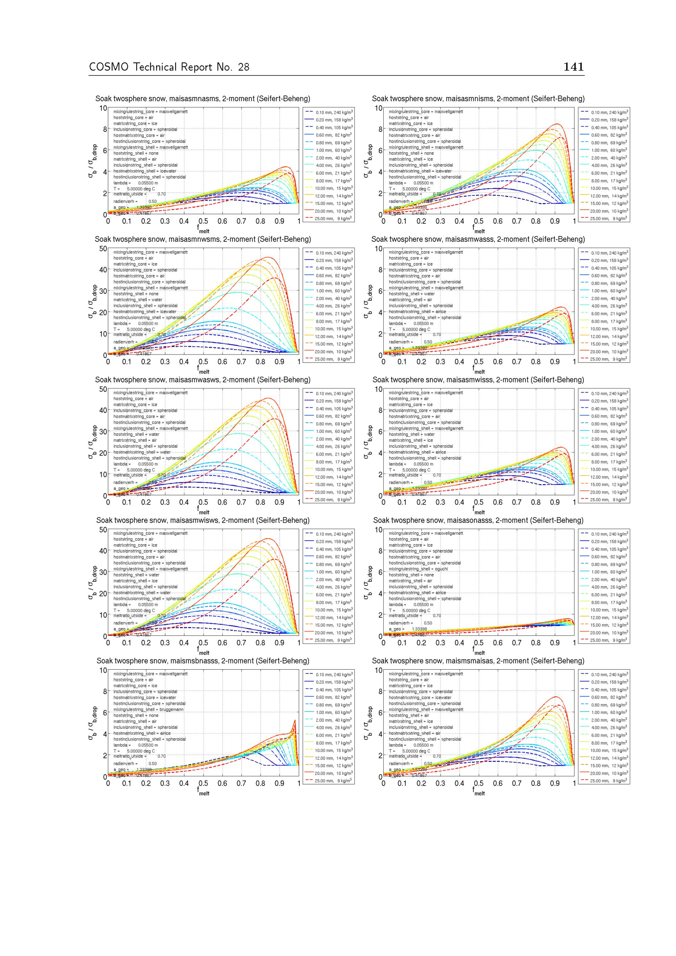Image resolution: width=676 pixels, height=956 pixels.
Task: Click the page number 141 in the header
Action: tap(573, 67)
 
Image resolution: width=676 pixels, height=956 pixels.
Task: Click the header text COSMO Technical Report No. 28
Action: tap(169, 67)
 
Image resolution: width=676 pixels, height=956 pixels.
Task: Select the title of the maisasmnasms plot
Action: tap(203, 99)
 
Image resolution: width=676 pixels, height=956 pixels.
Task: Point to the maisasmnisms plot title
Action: tap(478, 99)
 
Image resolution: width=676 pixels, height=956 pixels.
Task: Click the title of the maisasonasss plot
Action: tap(478, 520)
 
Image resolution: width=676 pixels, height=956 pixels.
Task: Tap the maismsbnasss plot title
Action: tap(203, 661)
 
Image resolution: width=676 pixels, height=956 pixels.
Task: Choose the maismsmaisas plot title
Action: tap(478, 661)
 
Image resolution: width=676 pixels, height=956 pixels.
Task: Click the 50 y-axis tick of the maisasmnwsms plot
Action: tap(102, 249)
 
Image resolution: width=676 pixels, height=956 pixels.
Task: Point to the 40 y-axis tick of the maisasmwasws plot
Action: tap(102, 411)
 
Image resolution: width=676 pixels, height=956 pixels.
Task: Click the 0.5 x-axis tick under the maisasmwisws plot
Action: tap(203, 643)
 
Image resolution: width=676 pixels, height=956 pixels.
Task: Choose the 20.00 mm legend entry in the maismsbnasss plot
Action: tap(333, 773)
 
